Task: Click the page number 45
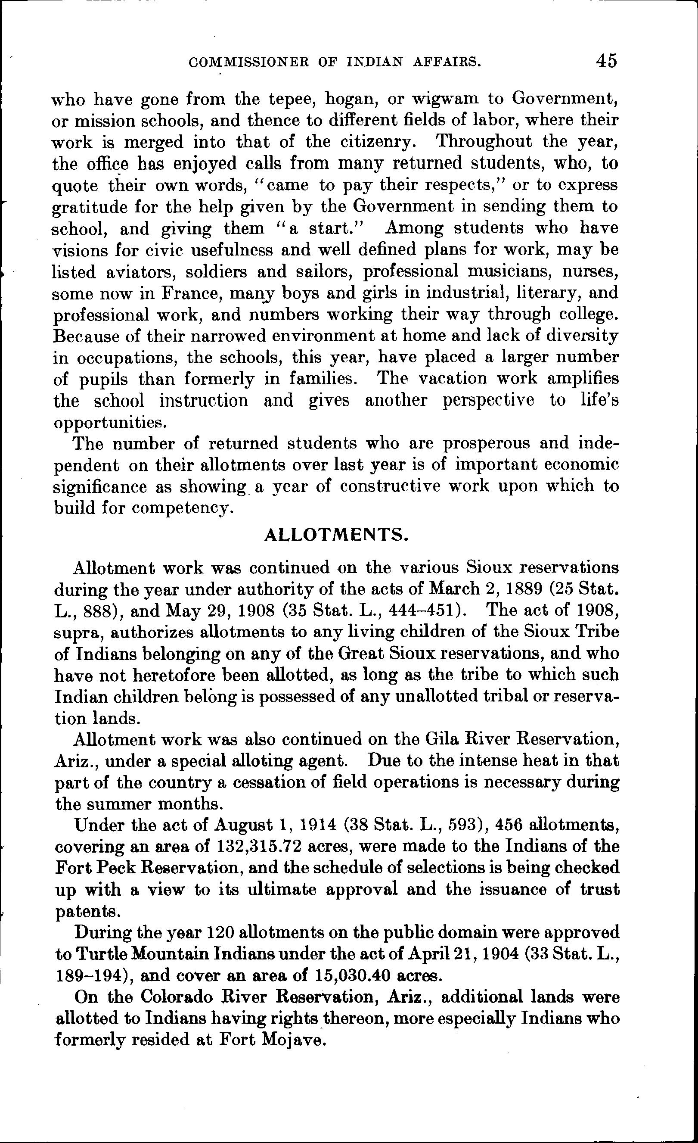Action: pyautogui.click(x=607, y=60)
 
